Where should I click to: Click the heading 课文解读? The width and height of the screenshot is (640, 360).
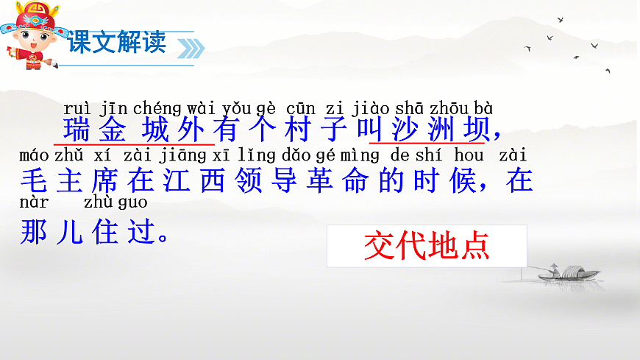click(x=118, y=42)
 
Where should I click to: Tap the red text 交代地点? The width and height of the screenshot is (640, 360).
click(x=427, y=247)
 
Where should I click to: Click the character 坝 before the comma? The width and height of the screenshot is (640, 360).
click(x=474, y=131)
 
